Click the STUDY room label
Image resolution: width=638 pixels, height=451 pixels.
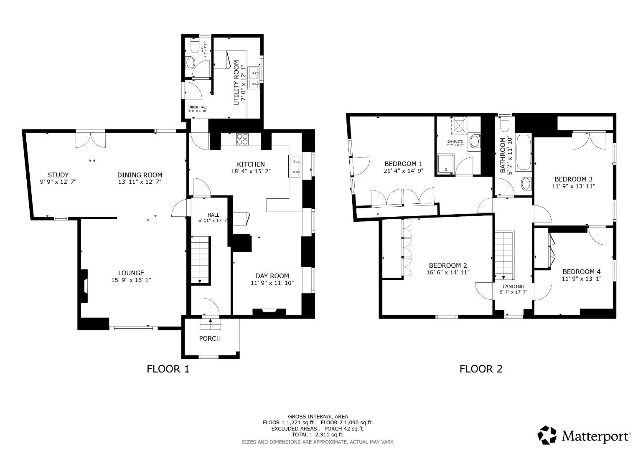(58, 175)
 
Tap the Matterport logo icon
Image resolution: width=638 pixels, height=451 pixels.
(547, 436)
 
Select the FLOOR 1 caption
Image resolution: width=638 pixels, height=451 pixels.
(168, 369)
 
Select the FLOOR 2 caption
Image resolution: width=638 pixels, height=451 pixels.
(481, 369)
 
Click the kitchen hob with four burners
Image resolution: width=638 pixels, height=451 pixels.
(242, 139)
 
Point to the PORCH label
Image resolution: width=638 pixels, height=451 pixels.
(210, 338)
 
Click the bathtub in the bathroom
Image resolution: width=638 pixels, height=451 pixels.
(524, 152)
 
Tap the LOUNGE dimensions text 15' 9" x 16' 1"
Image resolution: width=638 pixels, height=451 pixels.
(131, 280)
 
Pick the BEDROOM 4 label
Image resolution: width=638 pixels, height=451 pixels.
(581, 271)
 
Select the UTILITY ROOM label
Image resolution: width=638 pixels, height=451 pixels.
(236, 83)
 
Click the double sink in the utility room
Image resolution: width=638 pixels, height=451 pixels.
(254, 78)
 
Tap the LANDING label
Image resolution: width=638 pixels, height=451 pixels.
(513, 286)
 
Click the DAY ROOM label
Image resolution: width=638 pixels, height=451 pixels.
(272, 276)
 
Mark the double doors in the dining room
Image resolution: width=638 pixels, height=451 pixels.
(90, 139)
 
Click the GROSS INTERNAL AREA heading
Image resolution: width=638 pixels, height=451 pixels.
(318, 416)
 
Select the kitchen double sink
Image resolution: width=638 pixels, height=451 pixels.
(295, 166)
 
